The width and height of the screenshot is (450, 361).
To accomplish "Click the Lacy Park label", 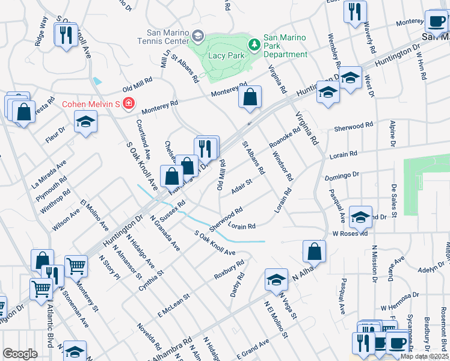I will click(224, 55).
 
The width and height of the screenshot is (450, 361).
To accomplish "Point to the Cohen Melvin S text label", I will click(91, 103).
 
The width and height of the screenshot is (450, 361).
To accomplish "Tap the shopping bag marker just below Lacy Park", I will click(250, 96).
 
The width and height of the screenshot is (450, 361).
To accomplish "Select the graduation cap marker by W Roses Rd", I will click(360, 217).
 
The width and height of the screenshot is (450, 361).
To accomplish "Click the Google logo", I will click(20, 354).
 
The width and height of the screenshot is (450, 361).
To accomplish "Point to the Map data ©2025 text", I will click(425, 356).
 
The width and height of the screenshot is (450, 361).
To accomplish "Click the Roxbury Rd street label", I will click(229, 270).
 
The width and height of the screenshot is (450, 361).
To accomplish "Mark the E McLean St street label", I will click(174, 305).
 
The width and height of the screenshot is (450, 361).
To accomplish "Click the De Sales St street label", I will click(394, 200).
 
